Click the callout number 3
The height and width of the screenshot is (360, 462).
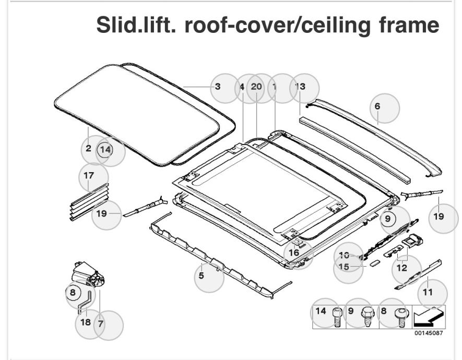tap(218, 87)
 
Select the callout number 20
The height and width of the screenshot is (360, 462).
tap(256, 87)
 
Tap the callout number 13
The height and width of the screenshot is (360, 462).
tap(300, 87)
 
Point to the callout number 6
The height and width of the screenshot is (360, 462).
tap(377, 106)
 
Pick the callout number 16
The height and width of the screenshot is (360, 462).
tap(294, 253)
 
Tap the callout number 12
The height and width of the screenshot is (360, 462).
tap(401, 268)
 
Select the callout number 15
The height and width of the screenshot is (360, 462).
tap(343, 266)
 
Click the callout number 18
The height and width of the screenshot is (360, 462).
tap(86, 321)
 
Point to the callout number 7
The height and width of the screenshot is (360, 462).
tap(100, 323)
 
